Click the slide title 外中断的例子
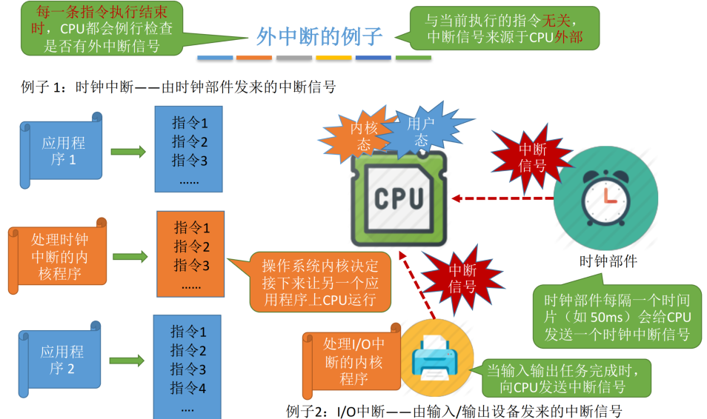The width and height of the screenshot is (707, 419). [319, 36]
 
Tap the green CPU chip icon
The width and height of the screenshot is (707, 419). [399, 198]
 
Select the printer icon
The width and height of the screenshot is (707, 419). [436, 356]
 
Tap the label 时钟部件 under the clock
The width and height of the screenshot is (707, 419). [608, 261]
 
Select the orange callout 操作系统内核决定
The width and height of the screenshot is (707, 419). [319, 281]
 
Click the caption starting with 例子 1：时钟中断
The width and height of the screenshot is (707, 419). [179, 87]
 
